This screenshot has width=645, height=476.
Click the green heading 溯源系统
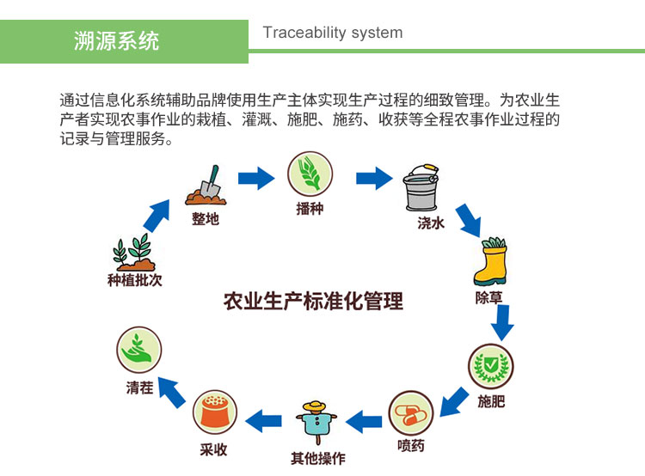pos(117,40)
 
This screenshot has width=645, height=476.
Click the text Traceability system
pos(332,33)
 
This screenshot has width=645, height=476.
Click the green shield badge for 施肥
pos(491,367)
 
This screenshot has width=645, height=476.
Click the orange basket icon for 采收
pos(213,413)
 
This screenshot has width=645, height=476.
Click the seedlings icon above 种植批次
pos(134,252)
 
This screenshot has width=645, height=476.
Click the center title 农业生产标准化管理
pos(313,301)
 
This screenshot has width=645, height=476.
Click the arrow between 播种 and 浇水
pos(373,179)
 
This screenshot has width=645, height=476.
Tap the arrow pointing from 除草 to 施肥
pos(502,321)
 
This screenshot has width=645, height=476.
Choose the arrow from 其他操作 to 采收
pos(264,420)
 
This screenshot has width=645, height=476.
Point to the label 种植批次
pos(134,280)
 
